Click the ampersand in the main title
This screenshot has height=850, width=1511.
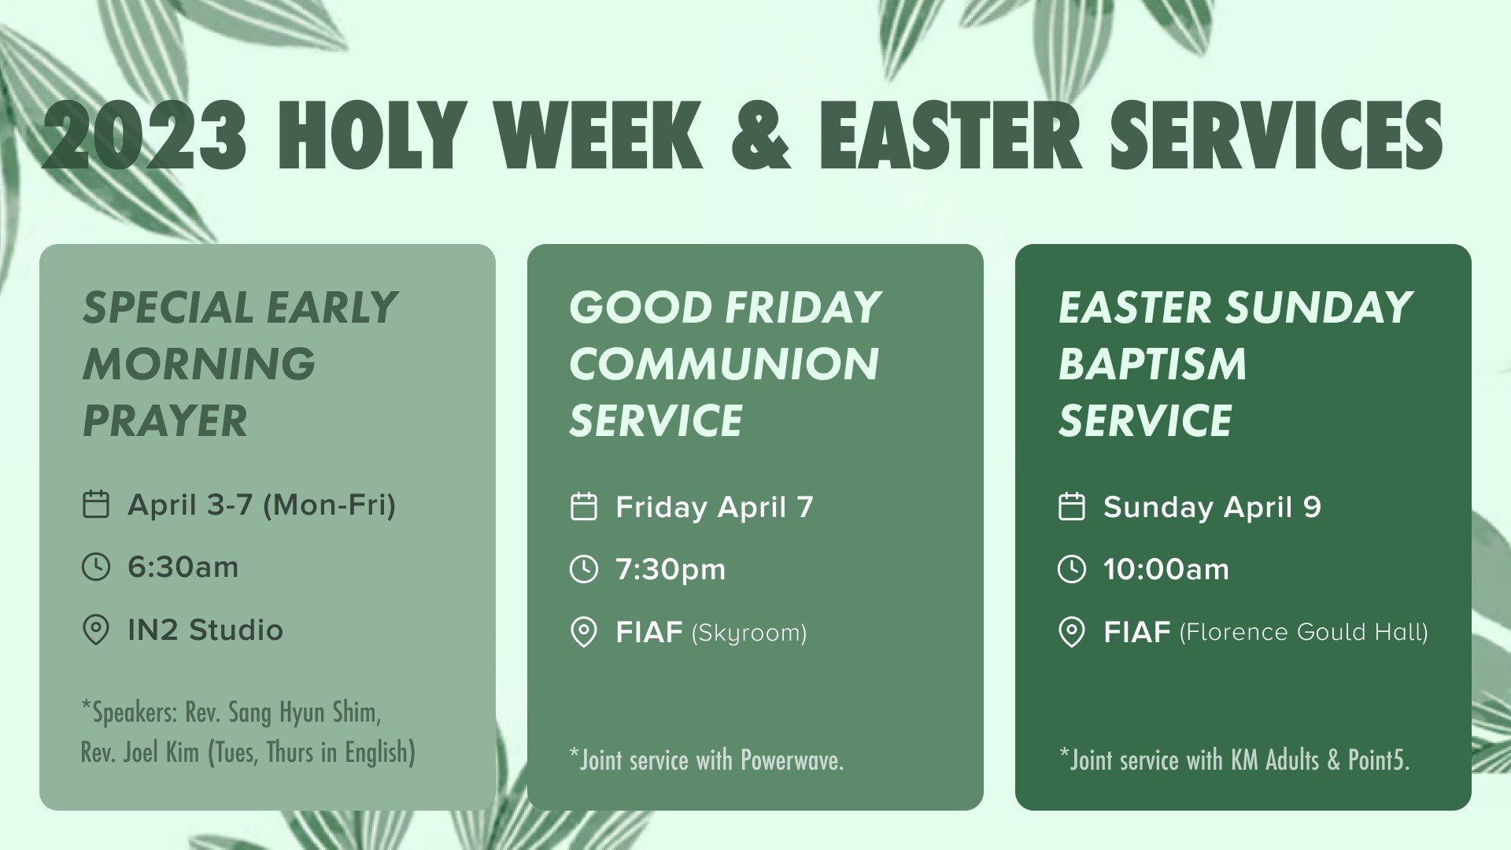[x=760, y=135]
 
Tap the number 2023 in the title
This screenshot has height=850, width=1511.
[x=145, y=135]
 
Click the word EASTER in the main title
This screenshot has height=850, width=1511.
[x=951, y=135]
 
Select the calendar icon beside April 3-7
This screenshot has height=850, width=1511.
[x=96, y=504]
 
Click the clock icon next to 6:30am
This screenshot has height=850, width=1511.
[x=96, y=567]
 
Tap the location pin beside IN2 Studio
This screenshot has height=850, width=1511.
[x=96, y=630]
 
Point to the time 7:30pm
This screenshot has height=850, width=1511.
[x=671, y=569]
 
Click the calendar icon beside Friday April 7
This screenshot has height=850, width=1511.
[x=583, y=507]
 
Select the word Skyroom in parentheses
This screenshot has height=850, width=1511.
[x=749, y=633]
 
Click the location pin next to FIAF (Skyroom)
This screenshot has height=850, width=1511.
[x=583, y=633]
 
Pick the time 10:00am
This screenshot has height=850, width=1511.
[x=1166, y=569]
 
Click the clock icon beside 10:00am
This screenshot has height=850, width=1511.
[x=1071, y=569]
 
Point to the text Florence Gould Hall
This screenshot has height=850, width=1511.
[x=1303, y=632]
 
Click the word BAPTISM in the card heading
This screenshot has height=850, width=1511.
[x=1152, y=364]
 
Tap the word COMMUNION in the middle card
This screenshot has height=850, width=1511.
[x=723, y=364]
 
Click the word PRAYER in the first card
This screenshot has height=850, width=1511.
[x=164, y=421]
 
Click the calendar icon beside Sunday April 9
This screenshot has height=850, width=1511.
[x=1071, y=507]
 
